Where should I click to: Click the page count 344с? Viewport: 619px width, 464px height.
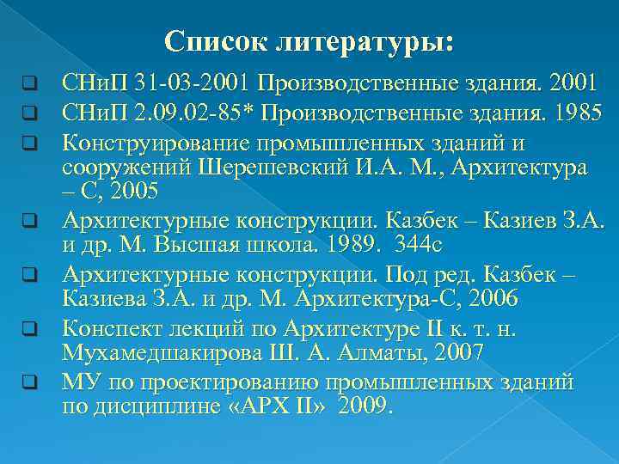click(419, 246)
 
